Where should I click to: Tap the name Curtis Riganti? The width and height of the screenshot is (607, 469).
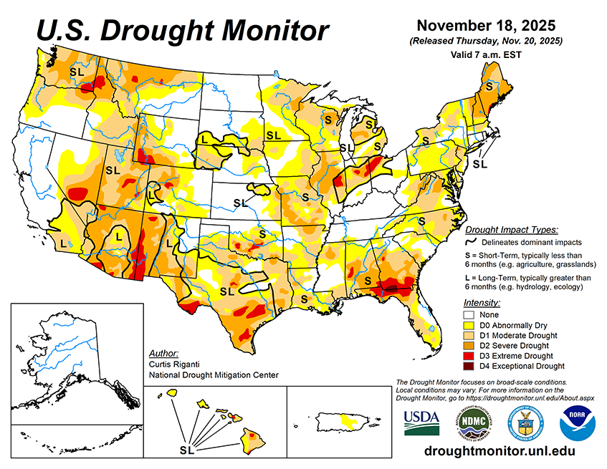tap(175, 364)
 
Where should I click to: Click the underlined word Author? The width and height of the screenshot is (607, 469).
tap(163, 353)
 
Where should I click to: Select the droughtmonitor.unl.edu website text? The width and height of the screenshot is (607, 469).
tap(500, 451)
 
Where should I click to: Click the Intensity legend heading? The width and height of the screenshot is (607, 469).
tap(482, 303)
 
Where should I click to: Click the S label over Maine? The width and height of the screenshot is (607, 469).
tap(489, 85)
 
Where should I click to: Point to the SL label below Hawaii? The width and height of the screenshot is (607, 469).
tap(186, 450)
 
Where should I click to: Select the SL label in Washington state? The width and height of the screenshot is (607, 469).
tap(76, 72)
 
